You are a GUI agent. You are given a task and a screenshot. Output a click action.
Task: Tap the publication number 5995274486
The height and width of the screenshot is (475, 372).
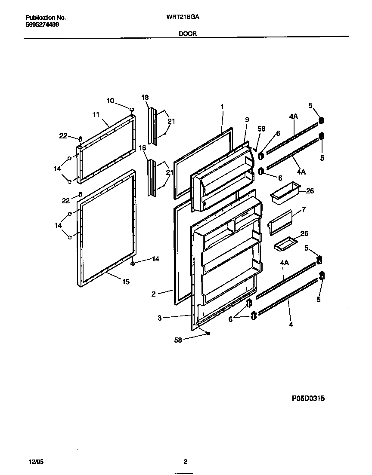pyautogui.click(x=42, y=25)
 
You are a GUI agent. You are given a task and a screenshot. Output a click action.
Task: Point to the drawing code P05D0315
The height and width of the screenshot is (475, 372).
pyautogui.click(x=308, y=398)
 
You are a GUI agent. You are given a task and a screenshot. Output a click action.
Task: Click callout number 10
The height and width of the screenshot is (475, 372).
pyautogui.click(x=110, y=101)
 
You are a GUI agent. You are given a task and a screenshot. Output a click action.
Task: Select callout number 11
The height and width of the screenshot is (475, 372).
pyautogui.click(x=96, y=114)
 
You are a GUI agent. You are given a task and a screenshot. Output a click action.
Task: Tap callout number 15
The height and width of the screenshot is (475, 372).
pyautogui.click(x=125, y=282)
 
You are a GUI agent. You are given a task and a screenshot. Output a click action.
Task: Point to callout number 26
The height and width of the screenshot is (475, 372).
pyautogui.click(x=310, y=191)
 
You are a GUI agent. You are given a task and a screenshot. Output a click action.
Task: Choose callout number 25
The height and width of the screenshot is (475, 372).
pyautogui.click(x=304, y=233)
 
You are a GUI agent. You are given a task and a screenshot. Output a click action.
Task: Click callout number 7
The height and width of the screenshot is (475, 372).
pyautogui.click(x=304, y=210)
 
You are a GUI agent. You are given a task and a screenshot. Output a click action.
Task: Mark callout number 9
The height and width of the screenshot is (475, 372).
pyautogui.click(x=247, y=120)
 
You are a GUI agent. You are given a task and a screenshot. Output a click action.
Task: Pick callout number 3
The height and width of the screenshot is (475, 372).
pyautogui.click(x=159, y=318)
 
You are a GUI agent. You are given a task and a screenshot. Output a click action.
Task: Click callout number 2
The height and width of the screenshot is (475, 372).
pyautogui.click(x=154, y=294)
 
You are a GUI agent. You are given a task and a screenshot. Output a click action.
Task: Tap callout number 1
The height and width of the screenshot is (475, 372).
pyautogui.click(x=222, y=106)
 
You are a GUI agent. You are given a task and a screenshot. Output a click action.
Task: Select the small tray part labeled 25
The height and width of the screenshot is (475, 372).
pyautogui.click(x=285, y=244)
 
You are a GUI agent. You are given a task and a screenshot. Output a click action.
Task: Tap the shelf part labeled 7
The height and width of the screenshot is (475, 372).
pyautogui.click(x=280, y=222)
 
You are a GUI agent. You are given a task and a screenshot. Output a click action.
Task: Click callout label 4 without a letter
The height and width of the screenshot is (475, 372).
pyautogui.click(x=291, y=325)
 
